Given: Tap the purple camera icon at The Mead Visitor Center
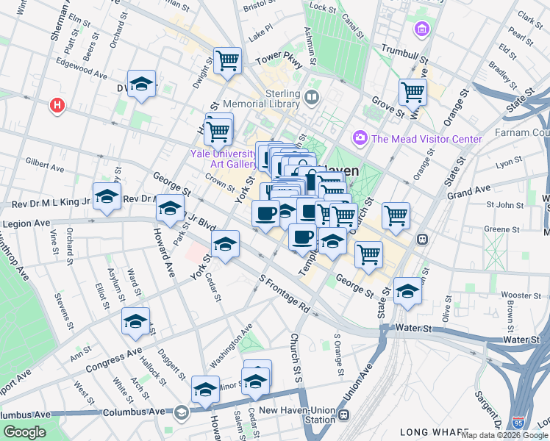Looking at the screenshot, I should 360,137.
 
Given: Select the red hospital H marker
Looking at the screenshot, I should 57,107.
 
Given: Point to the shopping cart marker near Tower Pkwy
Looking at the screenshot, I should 227,60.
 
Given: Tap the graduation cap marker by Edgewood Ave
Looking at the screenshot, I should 141,85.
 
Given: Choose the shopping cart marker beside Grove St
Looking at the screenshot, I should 413,93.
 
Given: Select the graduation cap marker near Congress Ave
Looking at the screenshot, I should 135,321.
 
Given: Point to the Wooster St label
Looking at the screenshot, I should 521,295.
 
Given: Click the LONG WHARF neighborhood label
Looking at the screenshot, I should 433,432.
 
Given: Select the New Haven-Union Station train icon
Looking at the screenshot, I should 343,417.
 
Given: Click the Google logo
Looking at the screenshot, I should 24,431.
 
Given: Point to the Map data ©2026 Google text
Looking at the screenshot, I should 504,435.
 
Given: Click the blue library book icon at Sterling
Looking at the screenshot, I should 312,97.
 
